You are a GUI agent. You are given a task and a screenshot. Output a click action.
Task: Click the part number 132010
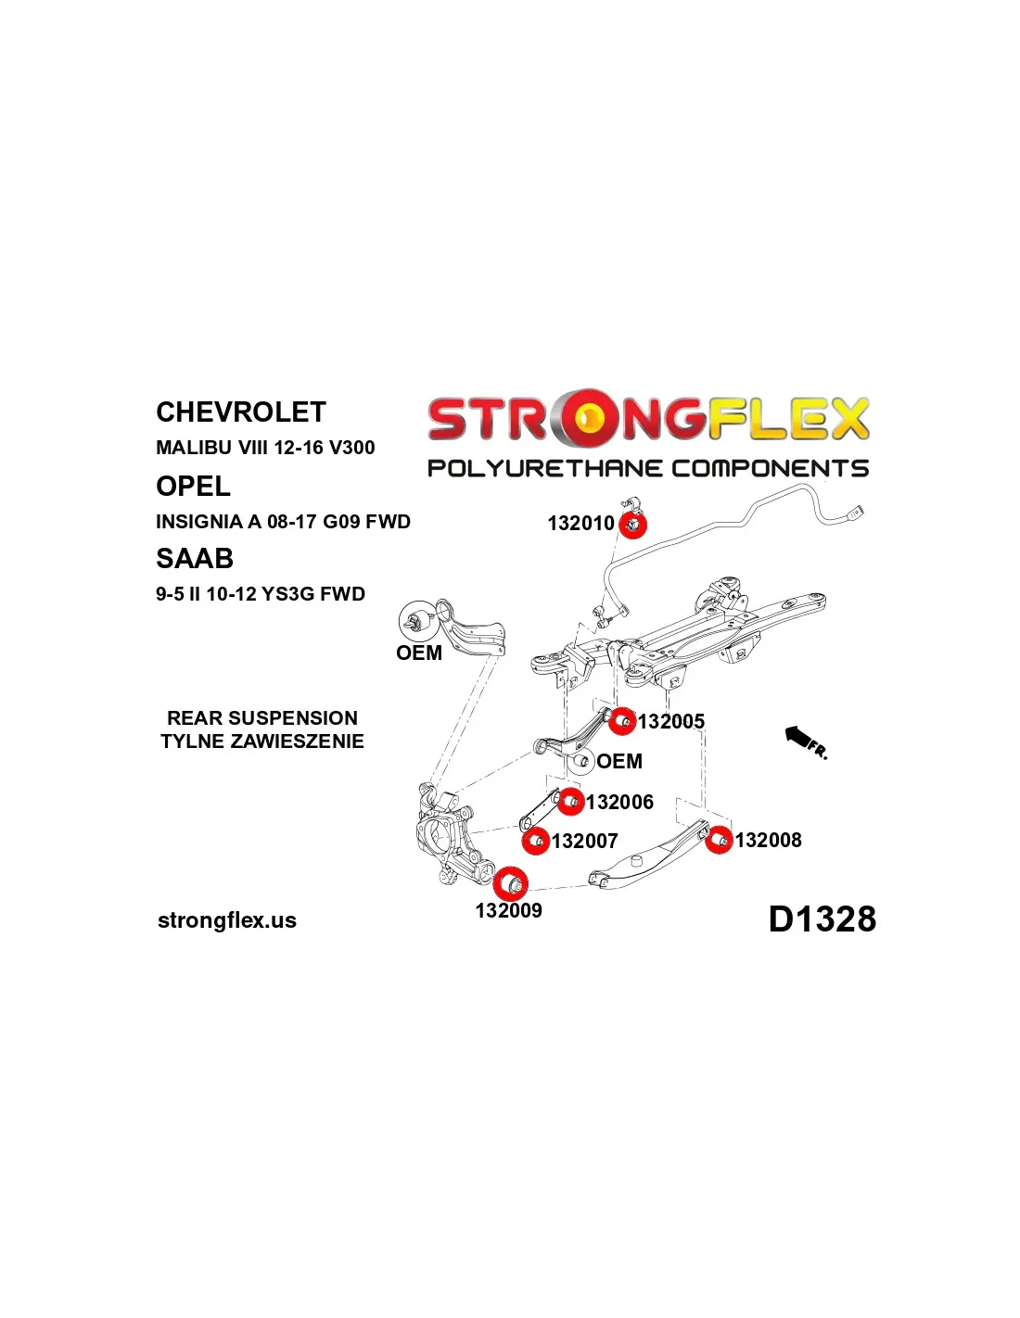[580, 523]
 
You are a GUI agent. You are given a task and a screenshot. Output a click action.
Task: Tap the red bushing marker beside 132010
[632, 524]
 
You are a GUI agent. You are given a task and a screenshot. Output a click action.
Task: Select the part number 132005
[671, 721]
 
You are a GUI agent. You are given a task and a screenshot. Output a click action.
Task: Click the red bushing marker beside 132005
[621, 720]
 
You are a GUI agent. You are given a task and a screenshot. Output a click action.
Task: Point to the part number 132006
[619, 802]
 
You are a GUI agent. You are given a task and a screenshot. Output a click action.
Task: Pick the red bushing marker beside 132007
[536, 842]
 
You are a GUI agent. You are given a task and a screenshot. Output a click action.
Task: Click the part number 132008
[768, 840]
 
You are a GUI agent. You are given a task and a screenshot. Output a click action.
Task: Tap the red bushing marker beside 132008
[719, 840]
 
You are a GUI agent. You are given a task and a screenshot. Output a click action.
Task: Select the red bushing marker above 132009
[510, 883]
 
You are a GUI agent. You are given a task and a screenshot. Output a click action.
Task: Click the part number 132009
[508, 910]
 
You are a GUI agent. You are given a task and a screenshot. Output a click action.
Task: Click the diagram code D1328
[822, 919]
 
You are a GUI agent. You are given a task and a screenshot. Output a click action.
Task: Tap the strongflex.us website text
[227, 920]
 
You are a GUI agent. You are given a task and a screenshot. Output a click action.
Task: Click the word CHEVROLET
[241, 412]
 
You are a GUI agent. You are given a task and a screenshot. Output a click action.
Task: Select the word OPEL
[193, 486]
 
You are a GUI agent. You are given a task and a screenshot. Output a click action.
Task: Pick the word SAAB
[194, 558]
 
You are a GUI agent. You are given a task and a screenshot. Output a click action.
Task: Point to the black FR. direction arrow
[805, 741]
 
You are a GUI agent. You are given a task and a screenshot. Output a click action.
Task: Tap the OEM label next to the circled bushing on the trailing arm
[419, 653]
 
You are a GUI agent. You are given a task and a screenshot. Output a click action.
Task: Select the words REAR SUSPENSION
[262, 718]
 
